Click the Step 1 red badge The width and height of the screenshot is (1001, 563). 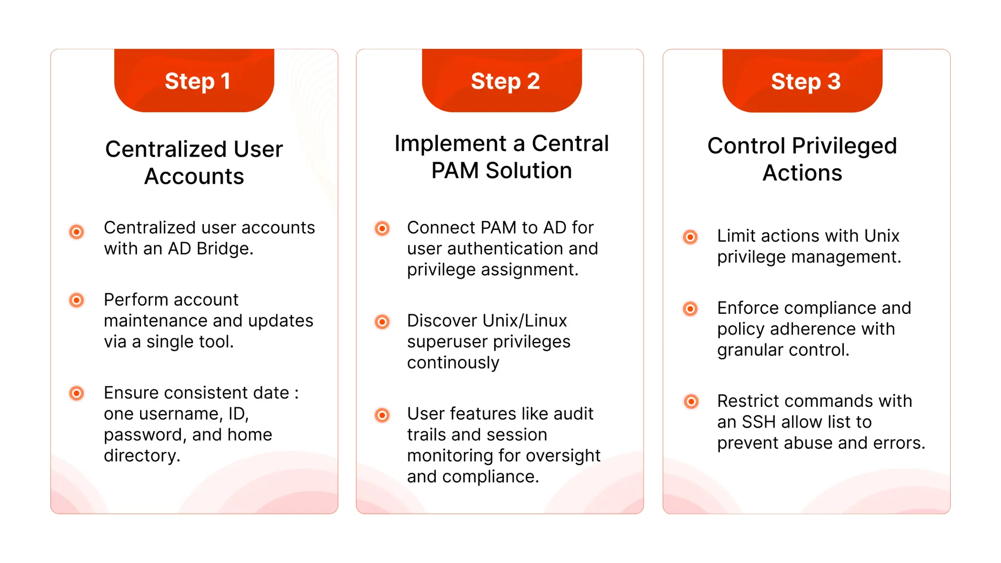[x=194, y=81]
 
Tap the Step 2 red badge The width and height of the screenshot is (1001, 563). [x=502, y=81]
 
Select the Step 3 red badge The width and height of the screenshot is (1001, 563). [x=803, y=81]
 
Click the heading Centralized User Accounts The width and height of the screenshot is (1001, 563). [x=194, y=162]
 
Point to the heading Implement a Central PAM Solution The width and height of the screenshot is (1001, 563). [x=501, y=157]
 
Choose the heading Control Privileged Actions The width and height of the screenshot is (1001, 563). [x=802, y=159]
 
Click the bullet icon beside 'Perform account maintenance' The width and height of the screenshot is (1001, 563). [x=77, y=301]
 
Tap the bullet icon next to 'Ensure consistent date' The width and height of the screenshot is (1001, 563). [x=77, y=393]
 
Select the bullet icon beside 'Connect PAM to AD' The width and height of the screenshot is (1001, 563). [x=382, y=229]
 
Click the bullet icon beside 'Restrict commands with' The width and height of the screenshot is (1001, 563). [x=691, y=401]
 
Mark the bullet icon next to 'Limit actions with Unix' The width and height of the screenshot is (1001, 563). [x=690, y=237]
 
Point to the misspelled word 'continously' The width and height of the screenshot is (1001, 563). [x=453, y=363]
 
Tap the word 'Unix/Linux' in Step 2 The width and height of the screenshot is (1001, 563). [x=525, y=321]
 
